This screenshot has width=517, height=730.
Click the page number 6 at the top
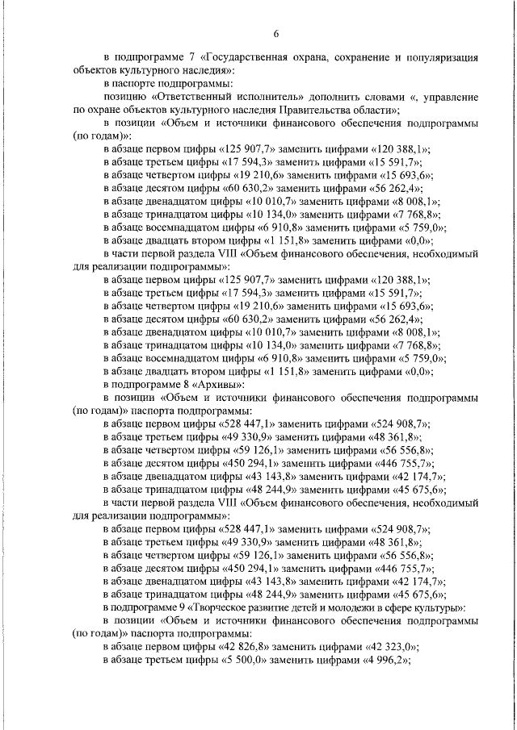[275, 33]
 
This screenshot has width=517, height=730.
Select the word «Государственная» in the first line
[250, 58]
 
